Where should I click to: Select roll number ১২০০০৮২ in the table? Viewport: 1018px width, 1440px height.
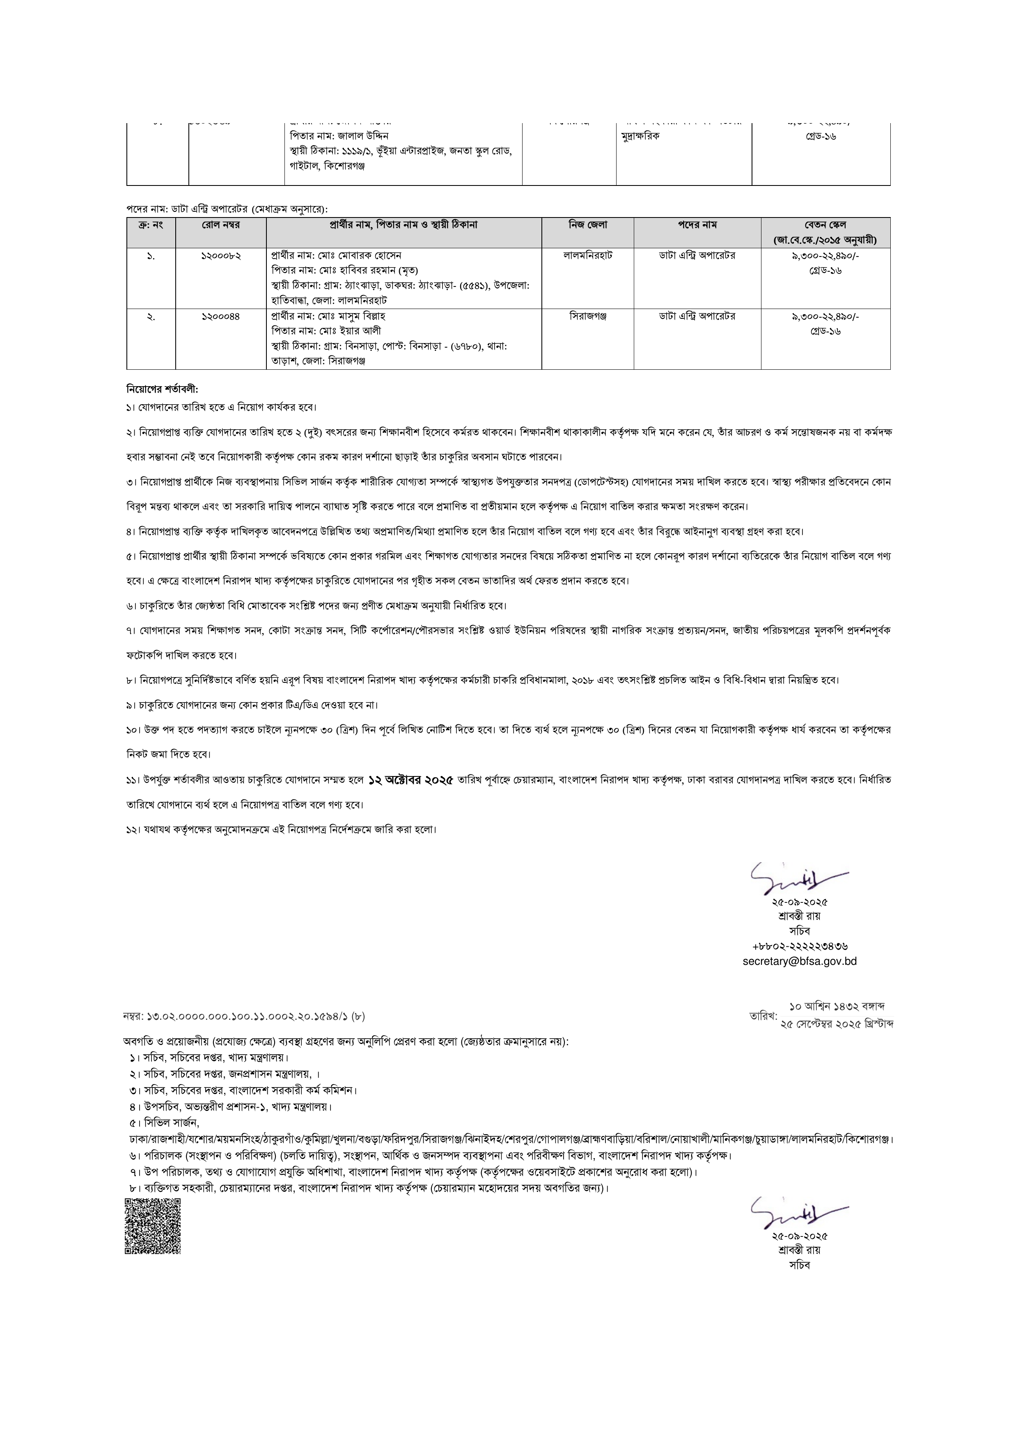(x=221, y=256)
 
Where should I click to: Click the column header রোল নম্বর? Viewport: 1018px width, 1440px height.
(x=221, y=224)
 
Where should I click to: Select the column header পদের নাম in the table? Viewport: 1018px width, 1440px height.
(x=697, y=224)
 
